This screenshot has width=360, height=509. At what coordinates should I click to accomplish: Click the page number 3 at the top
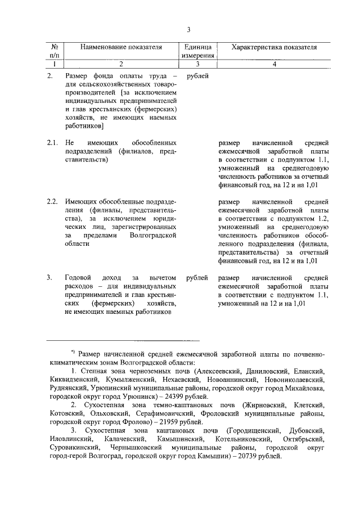tap(189, 29)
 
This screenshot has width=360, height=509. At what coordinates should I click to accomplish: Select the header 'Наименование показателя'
tap(121, 47)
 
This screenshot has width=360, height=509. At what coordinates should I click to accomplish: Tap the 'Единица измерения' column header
tap(197, 51)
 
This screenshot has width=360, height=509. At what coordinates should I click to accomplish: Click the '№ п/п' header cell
tap(55, 51)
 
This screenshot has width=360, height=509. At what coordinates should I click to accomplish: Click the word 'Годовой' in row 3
tap(78, 277)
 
